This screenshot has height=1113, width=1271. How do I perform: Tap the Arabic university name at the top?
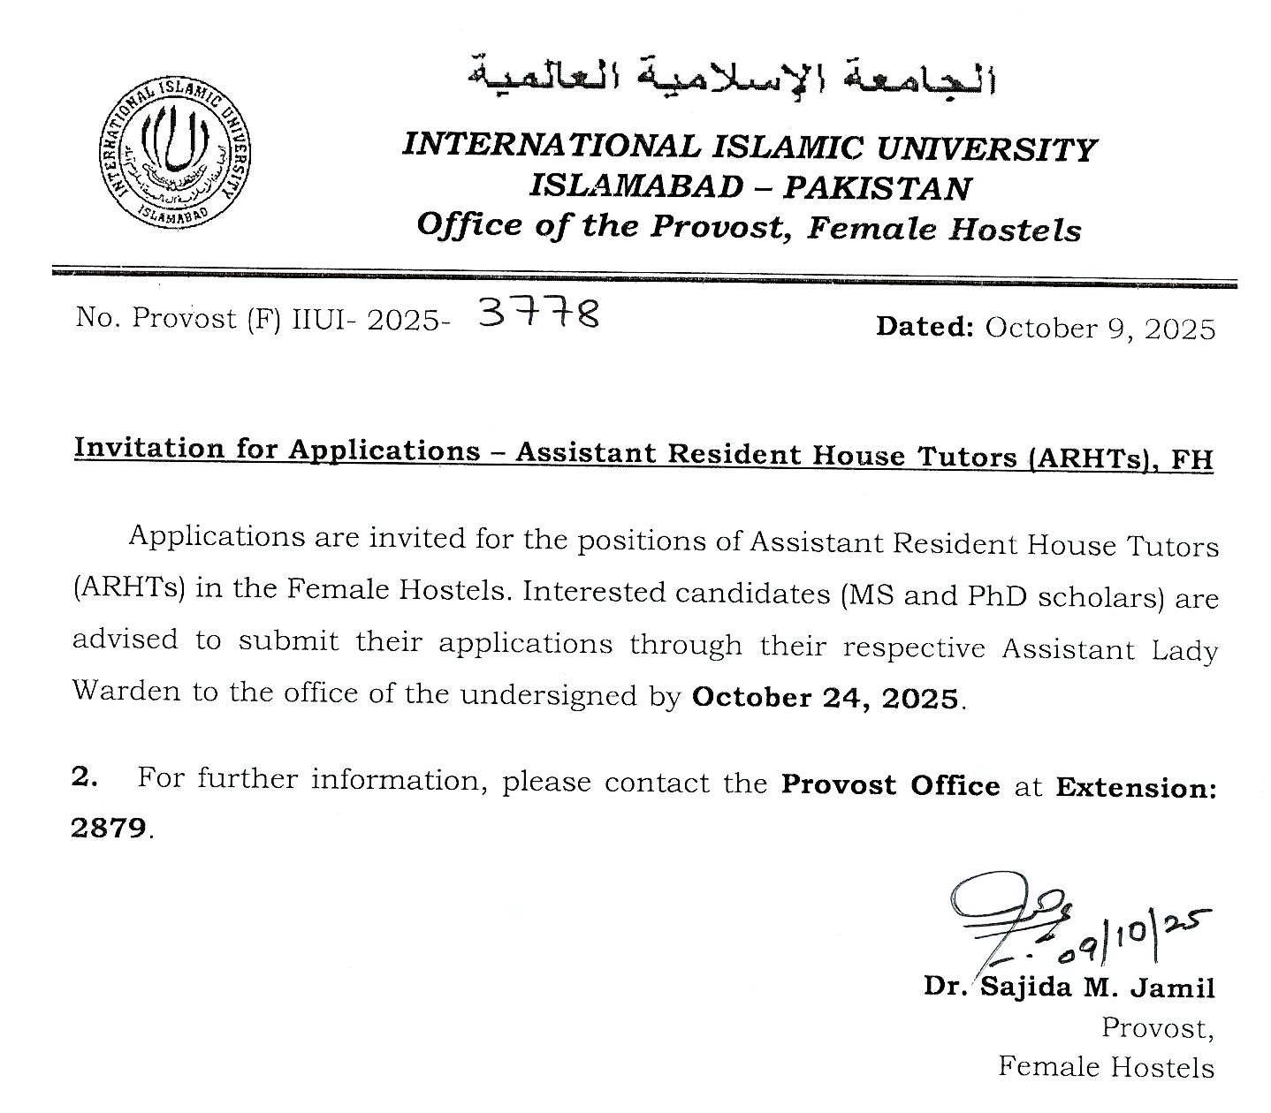click(732, 76)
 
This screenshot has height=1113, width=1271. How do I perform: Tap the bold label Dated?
click(925, 327)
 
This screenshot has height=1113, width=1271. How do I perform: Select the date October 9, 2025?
click(1100, 329)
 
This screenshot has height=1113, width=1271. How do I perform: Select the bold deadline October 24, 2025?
click(826, 698)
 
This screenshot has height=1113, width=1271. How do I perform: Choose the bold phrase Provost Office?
click(890, 784)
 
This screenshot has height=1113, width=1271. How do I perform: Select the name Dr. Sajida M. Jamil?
click(1069, 987)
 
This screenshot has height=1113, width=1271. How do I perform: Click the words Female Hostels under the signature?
click(1106, 1067)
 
